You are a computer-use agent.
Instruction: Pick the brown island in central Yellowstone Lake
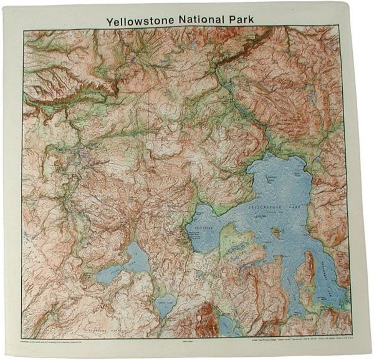[275, 234]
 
